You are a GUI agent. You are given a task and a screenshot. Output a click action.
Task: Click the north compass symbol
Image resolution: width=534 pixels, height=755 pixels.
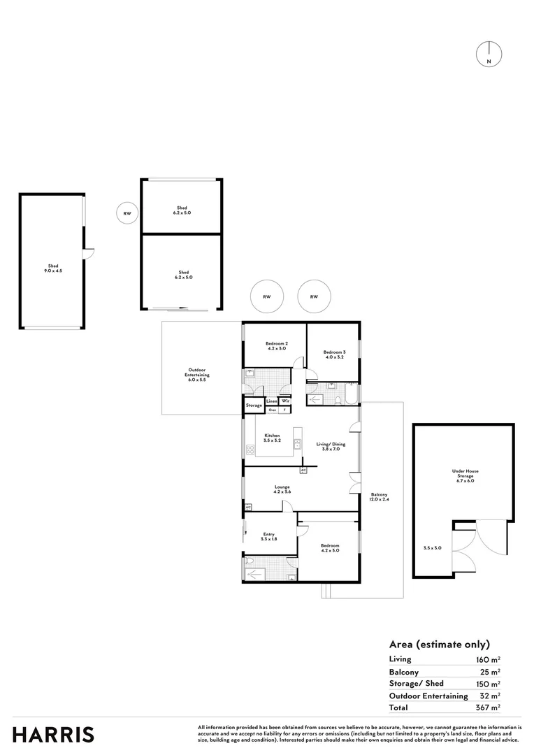pos(489,55)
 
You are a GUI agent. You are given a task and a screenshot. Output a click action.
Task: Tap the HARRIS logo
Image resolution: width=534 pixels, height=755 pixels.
pos(53,735)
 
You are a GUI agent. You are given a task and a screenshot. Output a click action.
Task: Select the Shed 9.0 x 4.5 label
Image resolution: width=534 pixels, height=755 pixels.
pos(53,268)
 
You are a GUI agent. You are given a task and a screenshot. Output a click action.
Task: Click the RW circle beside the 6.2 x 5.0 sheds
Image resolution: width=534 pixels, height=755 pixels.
pos(127,213)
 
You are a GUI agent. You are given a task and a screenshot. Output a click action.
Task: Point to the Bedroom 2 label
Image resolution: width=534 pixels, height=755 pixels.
pos(276,345)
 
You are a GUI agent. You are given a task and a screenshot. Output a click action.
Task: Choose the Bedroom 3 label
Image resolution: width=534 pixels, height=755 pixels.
pos(334,354)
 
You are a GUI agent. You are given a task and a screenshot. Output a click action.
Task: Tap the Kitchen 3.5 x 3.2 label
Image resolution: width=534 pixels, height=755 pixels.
pos(272,438)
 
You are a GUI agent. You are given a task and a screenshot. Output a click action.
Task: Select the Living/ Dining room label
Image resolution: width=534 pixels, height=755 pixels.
pos(330,446)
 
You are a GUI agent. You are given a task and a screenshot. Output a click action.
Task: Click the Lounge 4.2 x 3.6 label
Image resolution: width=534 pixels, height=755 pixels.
pos(282,489)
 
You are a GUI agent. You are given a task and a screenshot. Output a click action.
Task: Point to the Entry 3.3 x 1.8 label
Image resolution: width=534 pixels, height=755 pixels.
pos(268,536)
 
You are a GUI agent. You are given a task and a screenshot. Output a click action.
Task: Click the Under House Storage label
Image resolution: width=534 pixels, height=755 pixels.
pos(465,473)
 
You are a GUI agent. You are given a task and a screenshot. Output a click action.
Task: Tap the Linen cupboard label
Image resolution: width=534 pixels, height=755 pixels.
pos(271,401)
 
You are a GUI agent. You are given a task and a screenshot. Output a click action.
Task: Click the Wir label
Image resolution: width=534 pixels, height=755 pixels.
pos(285,401)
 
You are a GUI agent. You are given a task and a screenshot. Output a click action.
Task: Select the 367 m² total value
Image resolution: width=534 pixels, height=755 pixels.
pos(488,708)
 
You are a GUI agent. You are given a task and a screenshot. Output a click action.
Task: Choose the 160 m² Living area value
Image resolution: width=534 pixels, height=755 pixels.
pos(488,659)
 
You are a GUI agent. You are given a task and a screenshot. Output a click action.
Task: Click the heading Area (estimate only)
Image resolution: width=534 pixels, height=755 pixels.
pos(439,645)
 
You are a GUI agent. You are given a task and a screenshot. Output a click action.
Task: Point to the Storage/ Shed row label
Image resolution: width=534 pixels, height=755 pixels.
pos(417,683)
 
